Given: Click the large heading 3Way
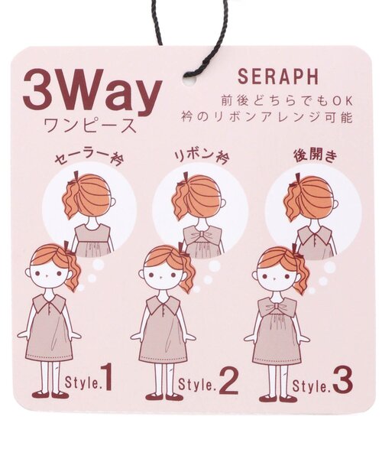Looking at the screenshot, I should pyautogui.click(x=92, y=93).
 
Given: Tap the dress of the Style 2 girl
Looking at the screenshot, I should pyautogui.click(x=162, y=337).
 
